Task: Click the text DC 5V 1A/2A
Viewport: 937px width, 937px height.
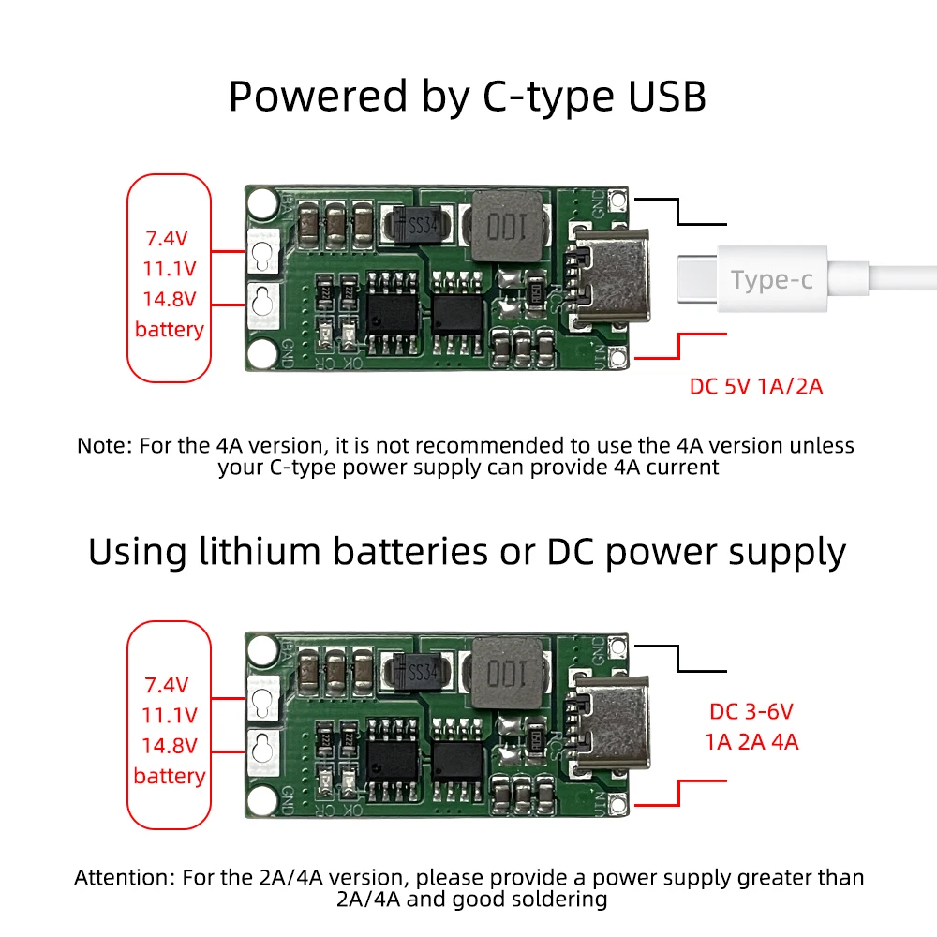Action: (x=756, y=386)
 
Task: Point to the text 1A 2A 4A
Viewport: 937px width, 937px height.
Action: (x=751, y=742)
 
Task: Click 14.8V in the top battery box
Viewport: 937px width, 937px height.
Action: (x=170, y=299)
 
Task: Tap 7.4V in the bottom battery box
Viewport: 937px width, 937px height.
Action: (x=168, y=684)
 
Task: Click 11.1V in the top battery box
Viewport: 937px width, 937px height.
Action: (x=170, y=268)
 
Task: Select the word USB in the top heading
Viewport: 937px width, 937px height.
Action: (x=656, y=97)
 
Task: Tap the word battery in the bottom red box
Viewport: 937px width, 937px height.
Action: (x=169, y=776)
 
